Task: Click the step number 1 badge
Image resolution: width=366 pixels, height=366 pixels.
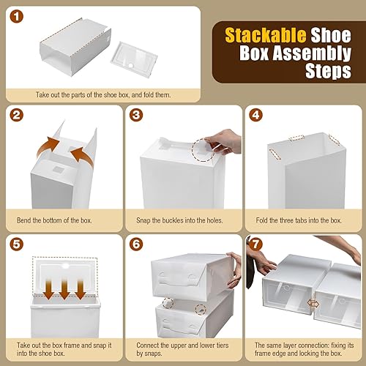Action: tap(16, 17)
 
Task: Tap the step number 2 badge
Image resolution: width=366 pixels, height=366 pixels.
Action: tap(16, 116)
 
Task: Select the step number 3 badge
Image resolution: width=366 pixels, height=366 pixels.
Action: tap(137, 116)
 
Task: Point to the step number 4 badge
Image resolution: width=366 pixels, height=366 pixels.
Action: tap(255, 116)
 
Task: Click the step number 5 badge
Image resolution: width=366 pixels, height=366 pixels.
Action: tap(16, 242)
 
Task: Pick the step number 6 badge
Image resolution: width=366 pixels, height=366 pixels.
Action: tap(137, 242)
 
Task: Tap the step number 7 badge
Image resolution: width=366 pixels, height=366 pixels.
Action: tap(255, 242)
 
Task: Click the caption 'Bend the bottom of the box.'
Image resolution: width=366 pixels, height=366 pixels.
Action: tap(60, 220)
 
